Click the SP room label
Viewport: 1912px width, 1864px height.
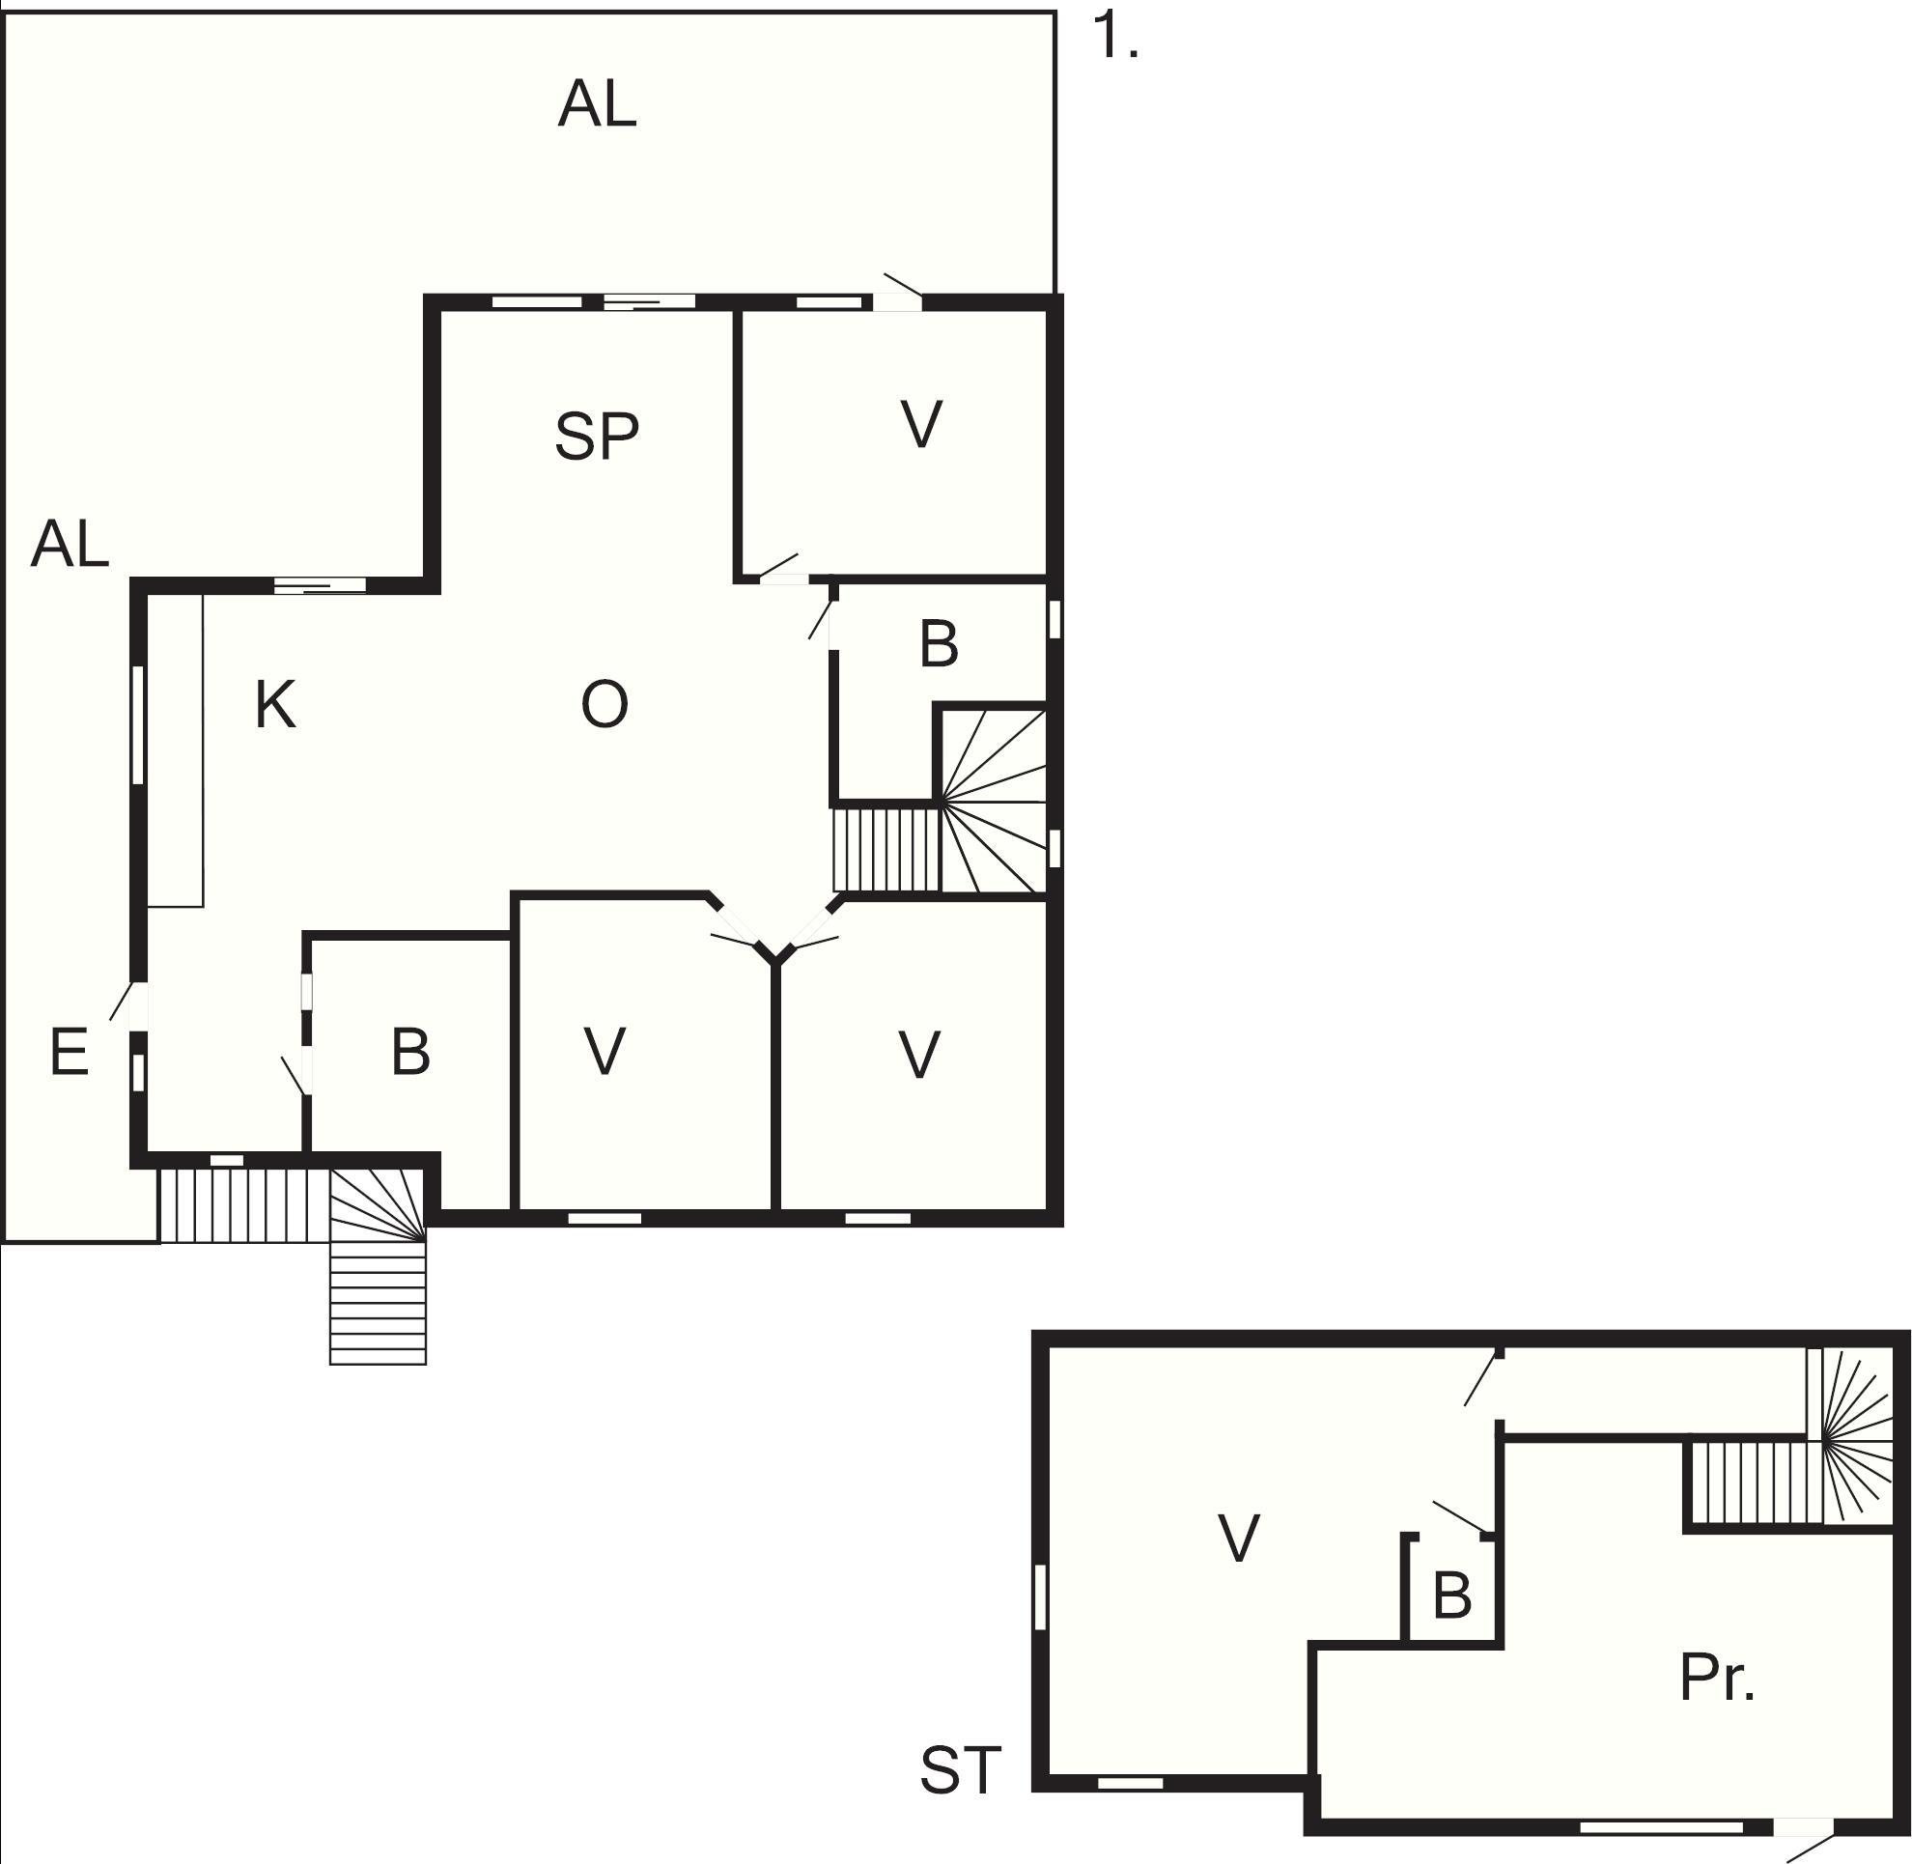coord(596,436)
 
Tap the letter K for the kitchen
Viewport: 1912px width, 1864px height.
coord(275,705)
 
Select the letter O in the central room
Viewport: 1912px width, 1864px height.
coord(605,705)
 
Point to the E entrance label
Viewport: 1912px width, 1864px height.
coord(69,1054)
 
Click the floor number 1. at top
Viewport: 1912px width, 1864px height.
coord(1114,38)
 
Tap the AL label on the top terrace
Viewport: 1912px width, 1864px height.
coord(597,104)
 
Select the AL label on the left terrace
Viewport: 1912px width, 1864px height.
coord(70,545)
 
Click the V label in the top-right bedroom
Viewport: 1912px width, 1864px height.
coord(921,424)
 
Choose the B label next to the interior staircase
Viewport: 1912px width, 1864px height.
coord(939,645)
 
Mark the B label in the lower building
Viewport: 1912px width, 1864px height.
coord(1452,1595)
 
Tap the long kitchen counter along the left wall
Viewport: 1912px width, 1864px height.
coord(175,749)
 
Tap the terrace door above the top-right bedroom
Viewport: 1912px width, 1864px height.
coord(899,294)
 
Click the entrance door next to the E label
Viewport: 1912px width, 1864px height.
coord(133,1005)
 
